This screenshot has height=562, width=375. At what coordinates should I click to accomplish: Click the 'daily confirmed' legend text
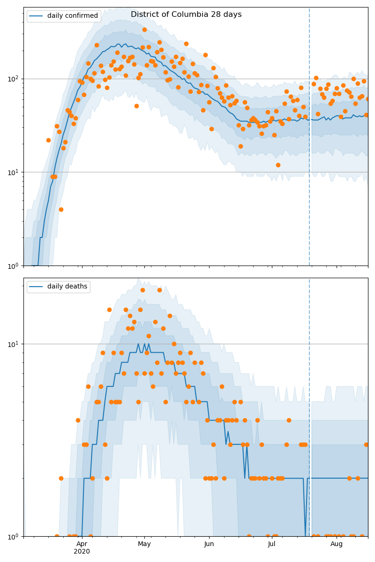pos(73,16)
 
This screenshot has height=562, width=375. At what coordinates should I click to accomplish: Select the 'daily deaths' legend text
pos(67,287)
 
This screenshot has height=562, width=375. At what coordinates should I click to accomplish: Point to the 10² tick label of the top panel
pos(14,79)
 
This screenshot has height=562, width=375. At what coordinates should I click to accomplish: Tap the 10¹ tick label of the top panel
pos(14,172)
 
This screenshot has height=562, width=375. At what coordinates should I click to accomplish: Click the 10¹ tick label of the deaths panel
pos(14,344)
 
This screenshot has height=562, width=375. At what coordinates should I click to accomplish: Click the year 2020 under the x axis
pos(82,552)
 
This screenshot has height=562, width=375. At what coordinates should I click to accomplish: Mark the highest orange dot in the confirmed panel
pos(144,30)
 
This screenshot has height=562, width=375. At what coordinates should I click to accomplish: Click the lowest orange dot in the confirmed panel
pos(61,209)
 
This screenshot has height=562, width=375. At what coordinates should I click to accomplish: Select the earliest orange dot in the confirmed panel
pos(48,140)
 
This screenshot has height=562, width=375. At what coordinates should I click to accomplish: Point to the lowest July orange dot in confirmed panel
pos(278,165)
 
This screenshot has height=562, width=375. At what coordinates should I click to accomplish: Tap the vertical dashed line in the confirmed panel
pos(309,140)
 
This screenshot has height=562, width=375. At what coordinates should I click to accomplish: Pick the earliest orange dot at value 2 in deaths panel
pos(61,478)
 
